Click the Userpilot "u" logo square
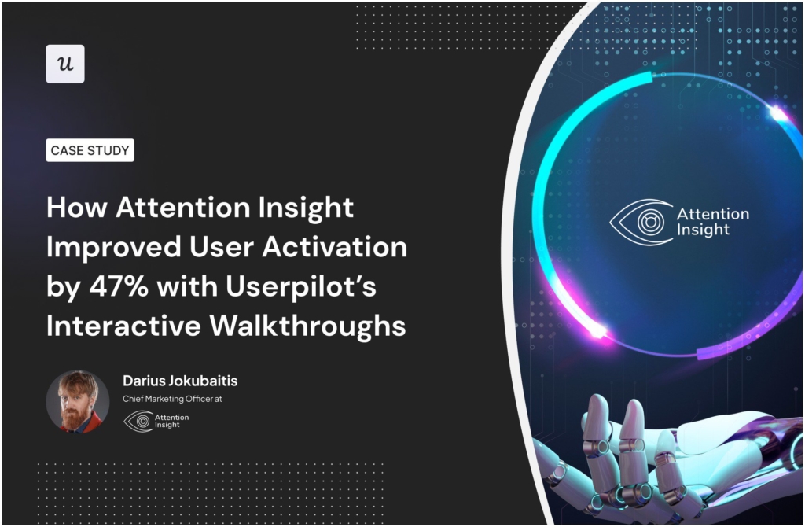click(65, 64)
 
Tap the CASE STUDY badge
click(90, 150)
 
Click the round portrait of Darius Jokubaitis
click(78, 401)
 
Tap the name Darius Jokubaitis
click(180, 381)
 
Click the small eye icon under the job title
click(139, 421)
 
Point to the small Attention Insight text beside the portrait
click(172, 421)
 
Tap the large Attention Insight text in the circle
click(712, 222)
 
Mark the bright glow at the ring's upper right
click(778, 115)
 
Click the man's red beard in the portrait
click(75, 417)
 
